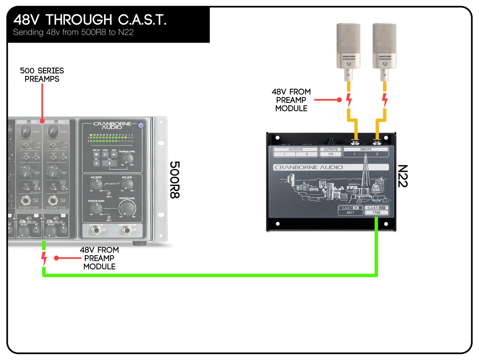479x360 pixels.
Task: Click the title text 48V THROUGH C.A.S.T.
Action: click(90, 19)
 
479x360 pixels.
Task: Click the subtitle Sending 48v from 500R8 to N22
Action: click(73, 32)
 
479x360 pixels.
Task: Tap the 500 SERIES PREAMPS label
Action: click(42, 75)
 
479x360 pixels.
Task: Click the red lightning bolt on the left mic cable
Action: click(349, 100)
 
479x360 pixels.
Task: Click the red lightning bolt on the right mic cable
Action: click(385, 100)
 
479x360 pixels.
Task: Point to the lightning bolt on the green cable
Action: click(44, 258)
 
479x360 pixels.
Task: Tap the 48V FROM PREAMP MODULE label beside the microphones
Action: click(291, 100)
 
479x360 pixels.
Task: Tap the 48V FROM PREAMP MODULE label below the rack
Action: click(99, 258)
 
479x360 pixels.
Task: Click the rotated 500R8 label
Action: click(174, 180)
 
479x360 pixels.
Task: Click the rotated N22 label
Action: click(403, 176)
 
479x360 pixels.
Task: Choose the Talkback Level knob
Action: click(127, 159)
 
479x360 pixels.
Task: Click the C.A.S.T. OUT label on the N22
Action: click(376, 208)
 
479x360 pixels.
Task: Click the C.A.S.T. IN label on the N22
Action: click(350, 208)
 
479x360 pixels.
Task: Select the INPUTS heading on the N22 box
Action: click(365, 150)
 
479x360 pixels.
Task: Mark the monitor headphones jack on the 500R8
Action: click(127, 230)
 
